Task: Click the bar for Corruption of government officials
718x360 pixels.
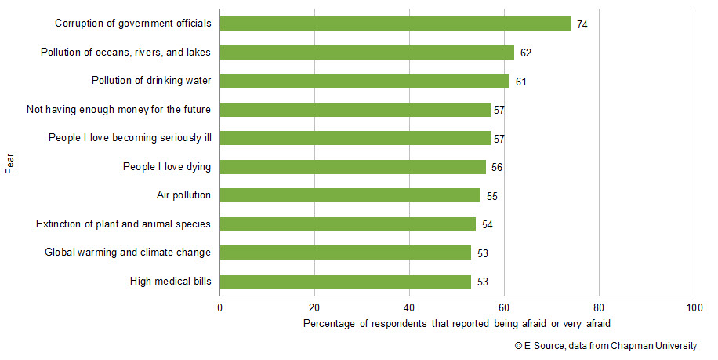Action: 395,24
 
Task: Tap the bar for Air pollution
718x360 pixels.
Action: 350,195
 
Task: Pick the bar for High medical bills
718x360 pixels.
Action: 346,281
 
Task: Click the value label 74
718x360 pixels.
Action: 582,24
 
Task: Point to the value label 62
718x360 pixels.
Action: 526,53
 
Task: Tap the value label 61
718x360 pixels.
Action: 521,82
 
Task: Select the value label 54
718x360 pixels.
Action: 488,225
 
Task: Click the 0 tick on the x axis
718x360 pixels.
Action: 219,308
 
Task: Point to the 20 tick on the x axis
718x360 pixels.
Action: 314,308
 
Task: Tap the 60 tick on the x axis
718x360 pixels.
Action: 504,308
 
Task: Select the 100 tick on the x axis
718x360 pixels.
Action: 693,308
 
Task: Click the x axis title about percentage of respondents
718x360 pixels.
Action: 456,324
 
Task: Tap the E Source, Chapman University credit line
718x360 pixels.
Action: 605,346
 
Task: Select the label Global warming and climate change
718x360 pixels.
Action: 128,253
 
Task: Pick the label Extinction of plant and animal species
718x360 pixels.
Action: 123,224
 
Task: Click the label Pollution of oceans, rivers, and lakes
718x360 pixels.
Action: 125,53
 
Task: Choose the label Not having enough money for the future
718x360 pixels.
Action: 118,110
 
